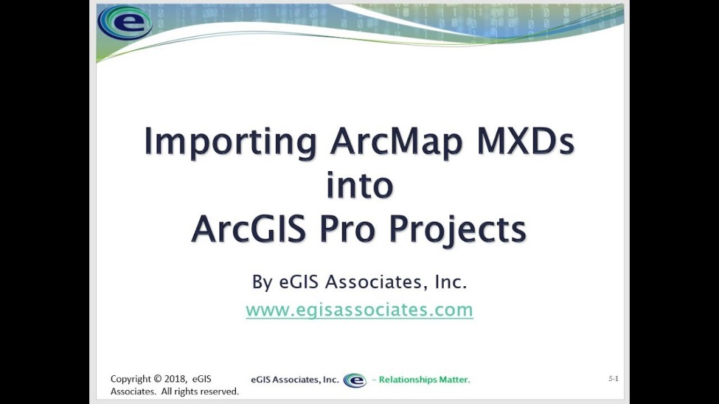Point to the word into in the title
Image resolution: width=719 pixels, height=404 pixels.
pos(359,184)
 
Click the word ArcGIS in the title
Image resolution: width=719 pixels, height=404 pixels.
pos(249,229)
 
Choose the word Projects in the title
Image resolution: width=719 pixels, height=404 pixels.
pos(457,231)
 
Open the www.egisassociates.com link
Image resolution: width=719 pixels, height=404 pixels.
pos(359,309)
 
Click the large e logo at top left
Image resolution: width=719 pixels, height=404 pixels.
pos(125,22)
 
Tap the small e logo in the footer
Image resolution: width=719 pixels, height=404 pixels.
pos(355,380)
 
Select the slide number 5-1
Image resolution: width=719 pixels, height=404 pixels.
pos(614,378)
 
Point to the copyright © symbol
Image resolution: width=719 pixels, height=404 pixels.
pos(158,379)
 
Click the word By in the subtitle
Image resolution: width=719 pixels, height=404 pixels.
pos(263,282)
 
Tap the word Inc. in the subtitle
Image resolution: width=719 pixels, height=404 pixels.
pos(451,282)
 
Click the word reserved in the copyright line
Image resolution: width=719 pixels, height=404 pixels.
pos(219,391)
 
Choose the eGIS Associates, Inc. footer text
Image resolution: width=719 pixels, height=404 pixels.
pos(294,379)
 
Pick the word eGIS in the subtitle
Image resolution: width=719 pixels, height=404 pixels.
pos(298,282)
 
